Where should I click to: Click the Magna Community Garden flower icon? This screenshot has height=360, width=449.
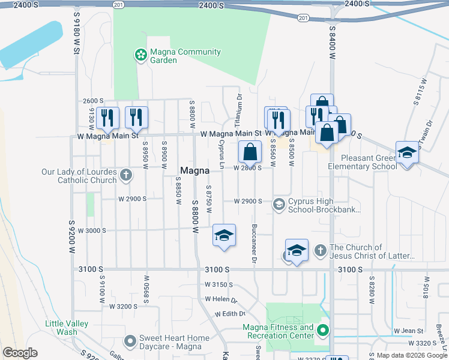click(140, 56)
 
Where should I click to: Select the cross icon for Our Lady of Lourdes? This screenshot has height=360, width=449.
click(125, 175)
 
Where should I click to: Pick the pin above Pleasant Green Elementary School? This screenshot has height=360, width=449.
click(406, 153)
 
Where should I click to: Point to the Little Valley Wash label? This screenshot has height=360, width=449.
click(67, 328)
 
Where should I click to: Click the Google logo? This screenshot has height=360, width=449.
click(20, 353)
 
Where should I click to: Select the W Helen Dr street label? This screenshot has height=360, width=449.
click(221, 299)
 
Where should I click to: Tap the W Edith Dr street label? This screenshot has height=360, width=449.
click(226, 314)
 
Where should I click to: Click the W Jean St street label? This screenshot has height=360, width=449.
click(408, 331)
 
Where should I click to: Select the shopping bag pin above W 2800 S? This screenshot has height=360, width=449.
click(250, 152)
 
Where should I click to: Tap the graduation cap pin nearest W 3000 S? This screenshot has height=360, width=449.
click(224, 235)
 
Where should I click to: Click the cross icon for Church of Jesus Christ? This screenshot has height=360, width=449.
click(321, 250)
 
